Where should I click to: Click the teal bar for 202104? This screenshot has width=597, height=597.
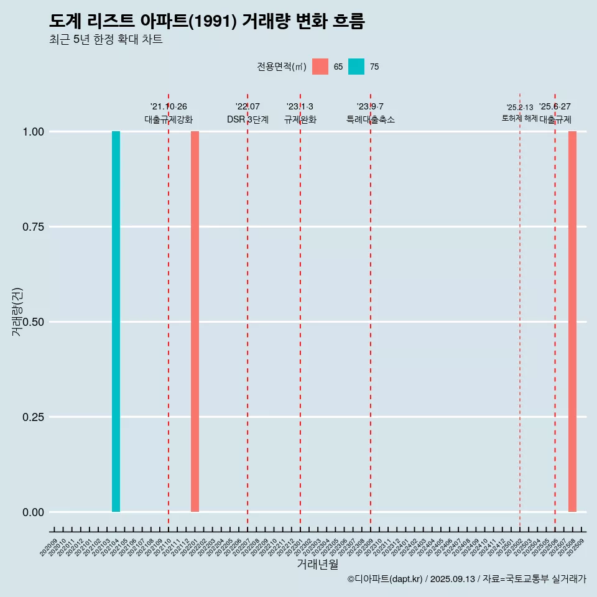click(116, 322)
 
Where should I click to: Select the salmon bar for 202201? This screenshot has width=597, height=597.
click(195, 322)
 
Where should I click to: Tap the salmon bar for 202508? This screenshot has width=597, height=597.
click(572, 322)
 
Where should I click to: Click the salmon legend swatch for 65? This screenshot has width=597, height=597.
click(320, 67)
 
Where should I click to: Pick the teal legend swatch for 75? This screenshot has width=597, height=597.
click(356, 67)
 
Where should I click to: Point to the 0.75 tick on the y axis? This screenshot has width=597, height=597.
click(33, 227)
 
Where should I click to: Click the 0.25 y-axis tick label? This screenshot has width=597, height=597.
click(33, 417)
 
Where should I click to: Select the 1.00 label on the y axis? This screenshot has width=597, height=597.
click(33, 132)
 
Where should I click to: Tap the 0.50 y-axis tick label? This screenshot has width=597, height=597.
click(33, 322)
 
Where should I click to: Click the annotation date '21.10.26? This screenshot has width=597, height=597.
click(169, 107)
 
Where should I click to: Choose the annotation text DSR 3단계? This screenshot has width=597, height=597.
click(248, 119)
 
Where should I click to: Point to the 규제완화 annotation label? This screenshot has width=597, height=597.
click(300, 119)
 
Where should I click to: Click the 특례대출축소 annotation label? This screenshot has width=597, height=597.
click(371, 119)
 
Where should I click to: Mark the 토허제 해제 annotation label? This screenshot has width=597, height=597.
click(519, 118)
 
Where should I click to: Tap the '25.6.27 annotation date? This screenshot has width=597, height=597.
click(555, 107)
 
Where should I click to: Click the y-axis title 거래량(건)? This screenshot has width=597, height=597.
click(17, 311)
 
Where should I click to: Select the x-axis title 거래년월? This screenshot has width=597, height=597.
click(318, 565)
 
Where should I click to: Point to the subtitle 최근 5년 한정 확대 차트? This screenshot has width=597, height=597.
click(106, 40)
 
